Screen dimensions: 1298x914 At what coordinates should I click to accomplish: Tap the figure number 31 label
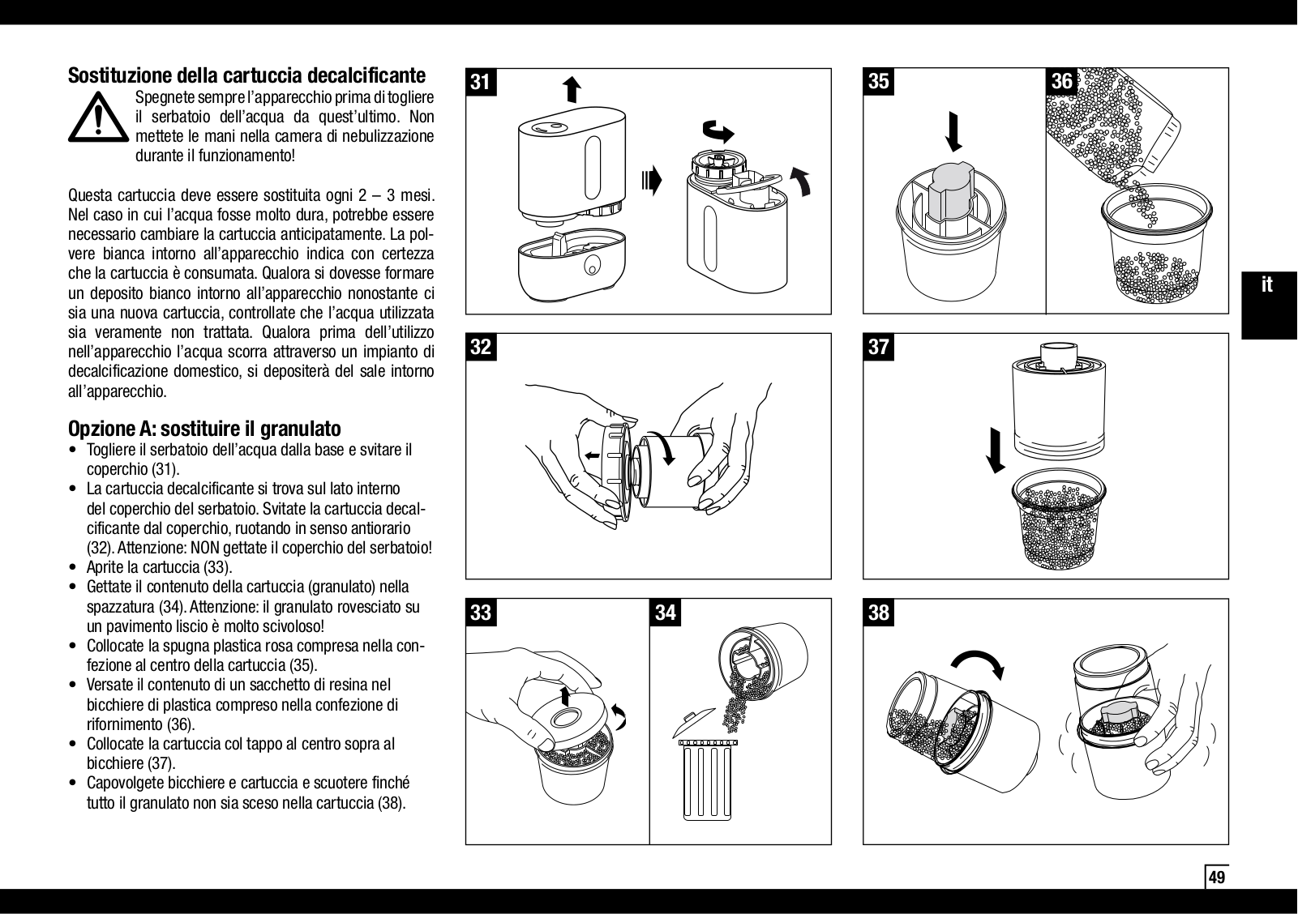tap(481, 83)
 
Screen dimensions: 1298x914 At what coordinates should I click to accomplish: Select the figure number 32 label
tap(481, 347)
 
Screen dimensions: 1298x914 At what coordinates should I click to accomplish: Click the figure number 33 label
tap(481, 613)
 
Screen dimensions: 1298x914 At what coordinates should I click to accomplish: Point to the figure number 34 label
tap(666, 613)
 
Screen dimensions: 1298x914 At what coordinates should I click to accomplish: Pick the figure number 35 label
tap(879, 82)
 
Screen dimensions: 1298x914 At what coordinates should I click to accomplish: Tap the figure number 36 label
tap(1061, 82)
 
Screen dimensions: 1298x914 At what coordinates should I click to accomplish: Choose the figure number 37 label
tap(879, 347)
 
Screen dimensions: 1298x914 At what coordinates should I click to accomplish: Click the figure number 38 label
tap(879, 613)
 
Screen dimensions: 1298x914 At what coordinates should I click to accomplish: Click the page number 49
tap(1217, 878)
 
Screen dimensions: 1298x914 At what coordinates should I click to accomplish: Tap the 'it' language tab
tap(1267, 284)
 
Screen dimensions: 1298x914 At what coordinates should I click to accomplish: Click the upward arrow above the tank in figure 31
tap(572, 90)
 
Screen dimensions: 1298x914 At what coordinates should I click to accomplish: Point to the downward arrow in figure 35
tap(953, 132)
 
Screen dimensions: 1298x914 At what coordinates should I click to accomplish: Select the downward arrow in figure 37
tap(996, 451)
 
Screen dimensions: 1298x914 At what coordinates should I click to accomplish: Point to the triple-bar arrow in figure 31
tap(652, 180)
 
